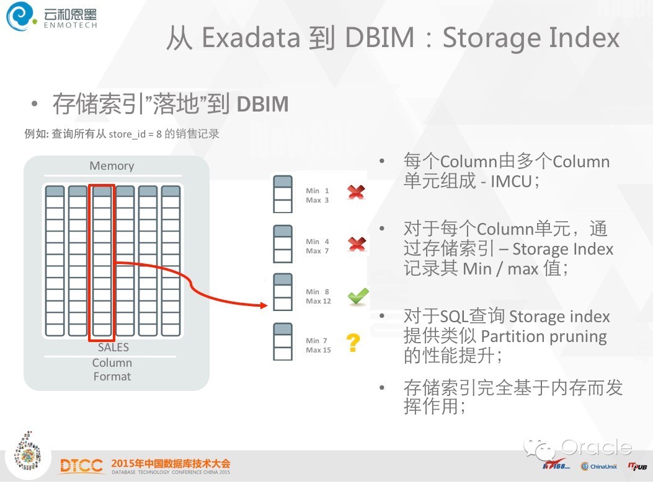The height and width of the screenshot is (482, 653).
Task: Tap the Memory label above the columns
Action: click(x=112, y=166)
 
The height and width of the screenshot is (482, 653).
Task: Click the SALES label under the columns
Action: click(x=113, y=348)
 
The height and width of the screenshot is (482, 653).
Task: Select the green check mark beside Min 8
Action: click(x=357, y=297)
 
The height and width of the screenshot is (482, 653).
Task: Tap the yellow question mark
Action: click(x=353, y=343)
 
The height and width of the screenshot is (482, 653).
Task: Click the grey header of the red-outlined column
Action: click(x=102, y=191)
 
